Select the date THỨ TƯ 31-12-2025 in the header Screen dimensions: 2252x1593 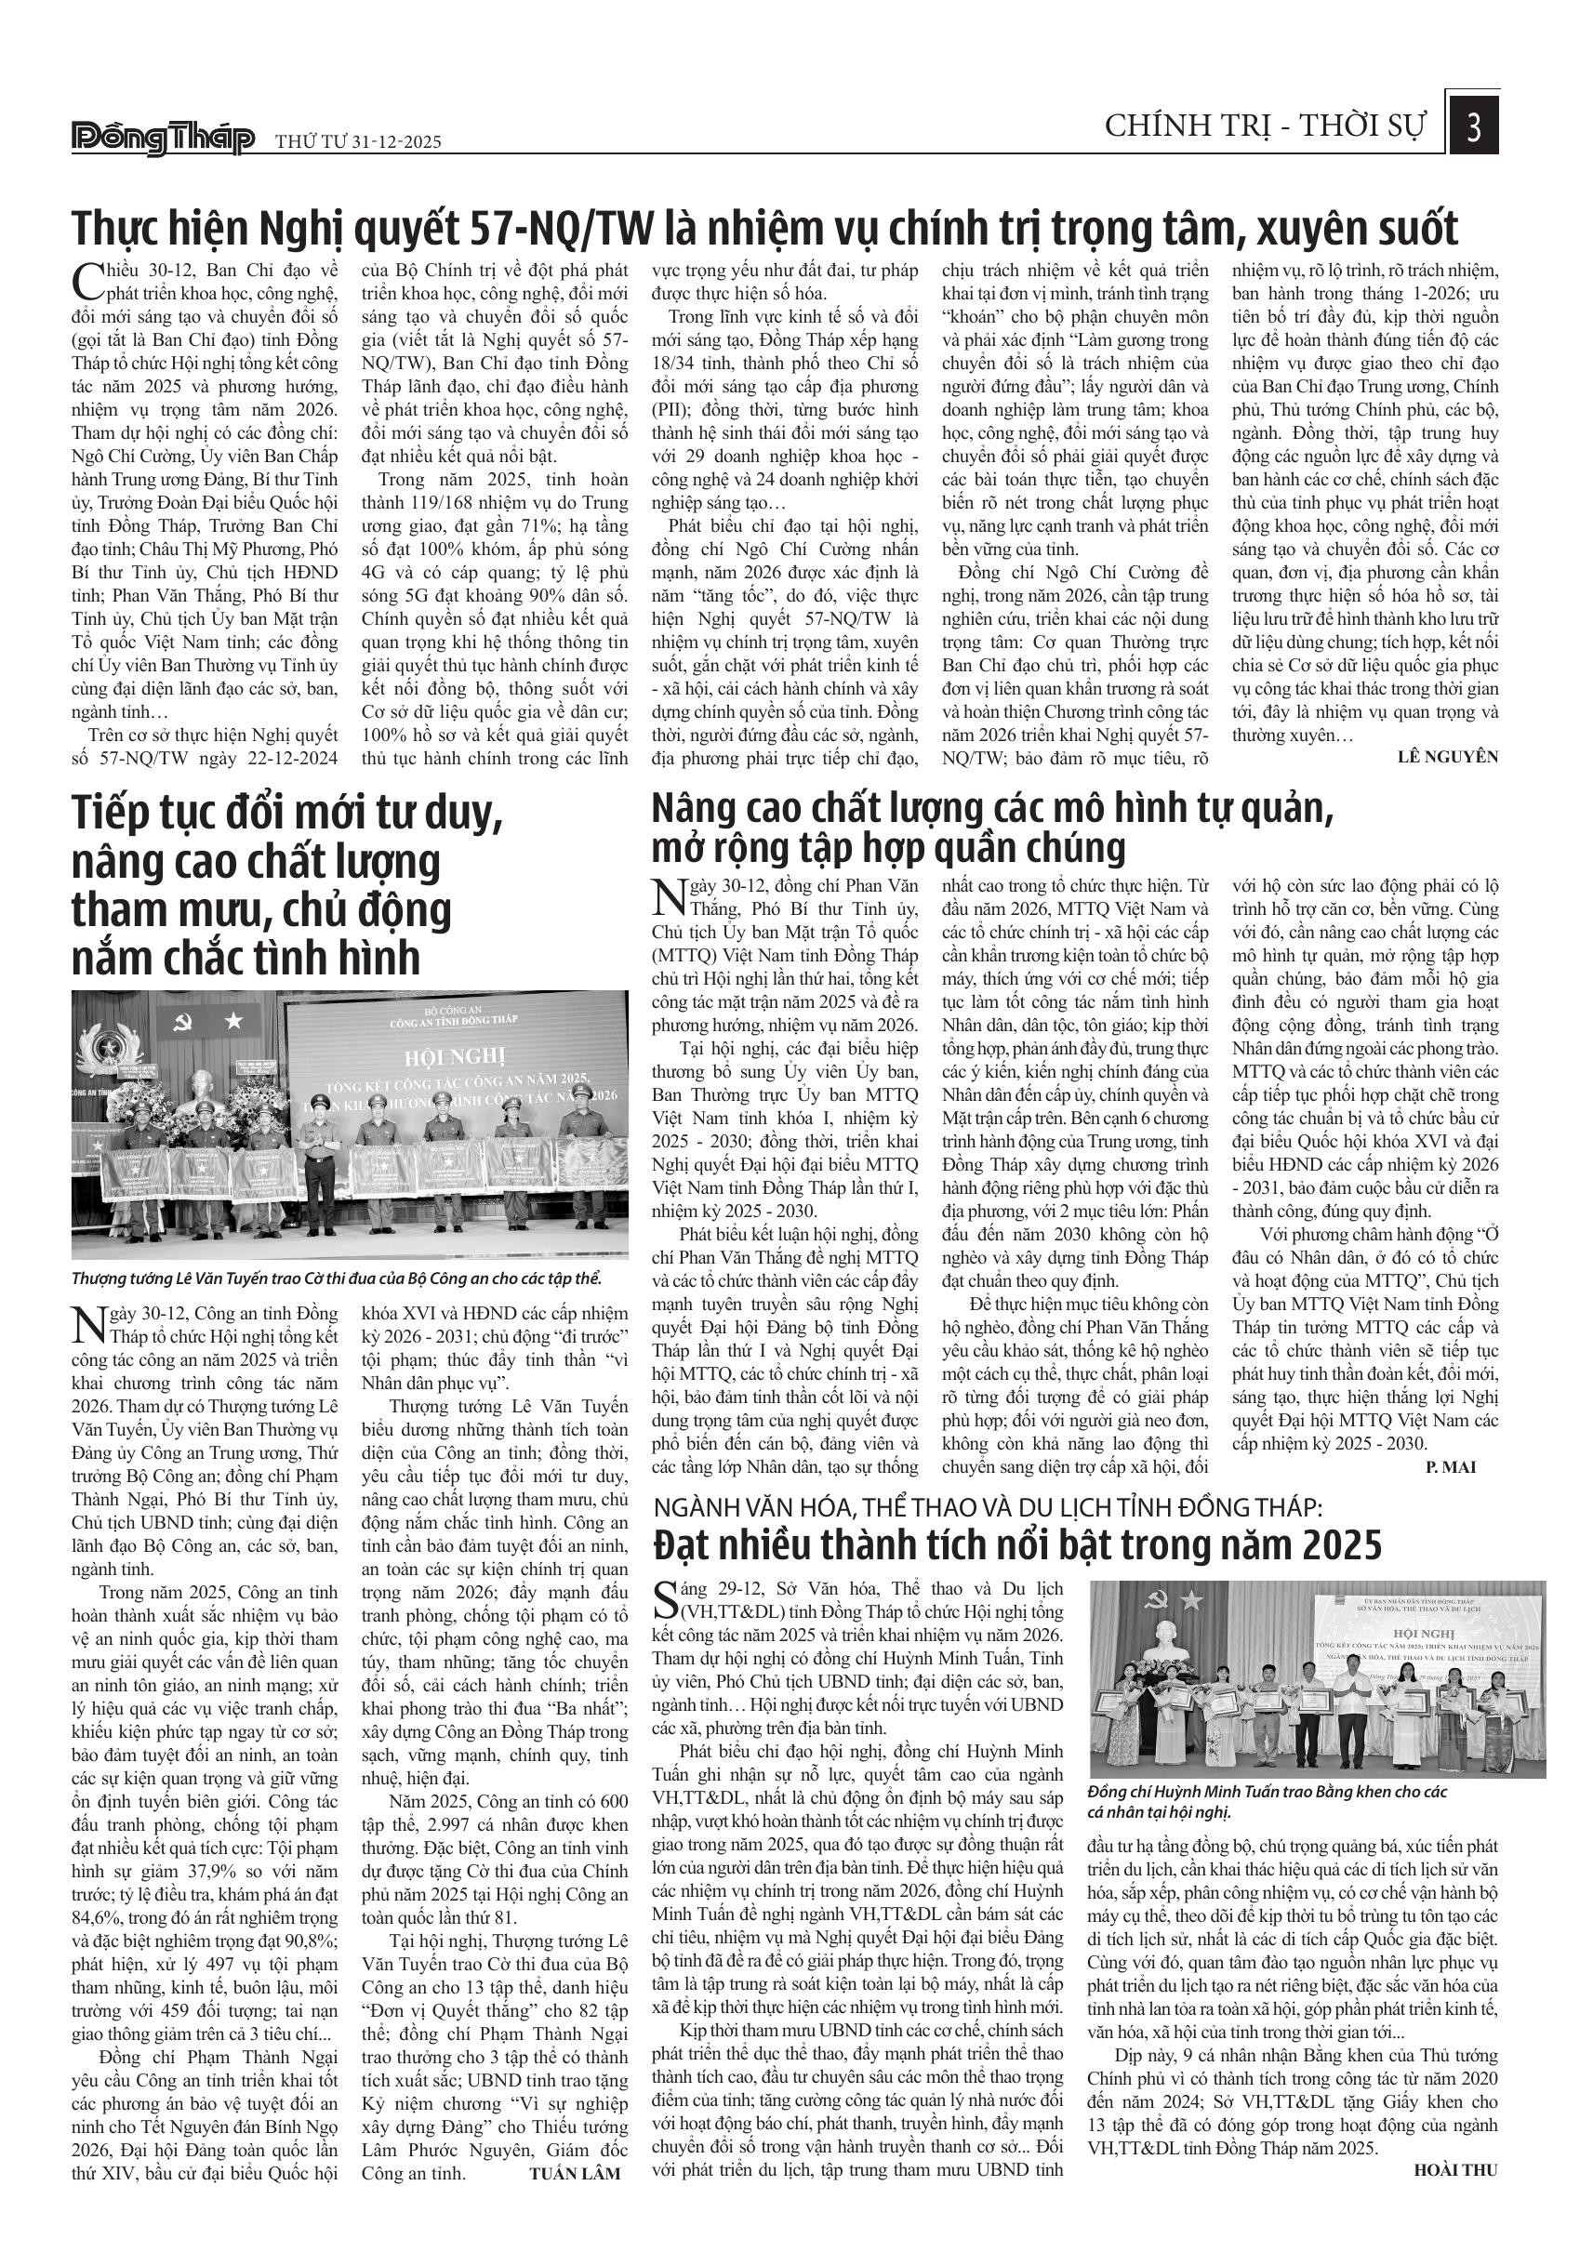coord(358,141)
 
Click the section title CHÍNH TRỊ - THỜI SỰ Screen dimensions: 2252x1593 coord(1266,126)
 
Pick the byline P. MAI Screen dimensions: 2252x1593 coord(1450,1467)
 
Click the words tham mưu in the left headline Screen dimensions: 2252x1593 coord(160,910)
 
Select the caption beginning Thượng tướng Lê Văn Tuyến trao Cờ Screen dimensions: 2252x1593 coord(336,1279)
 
